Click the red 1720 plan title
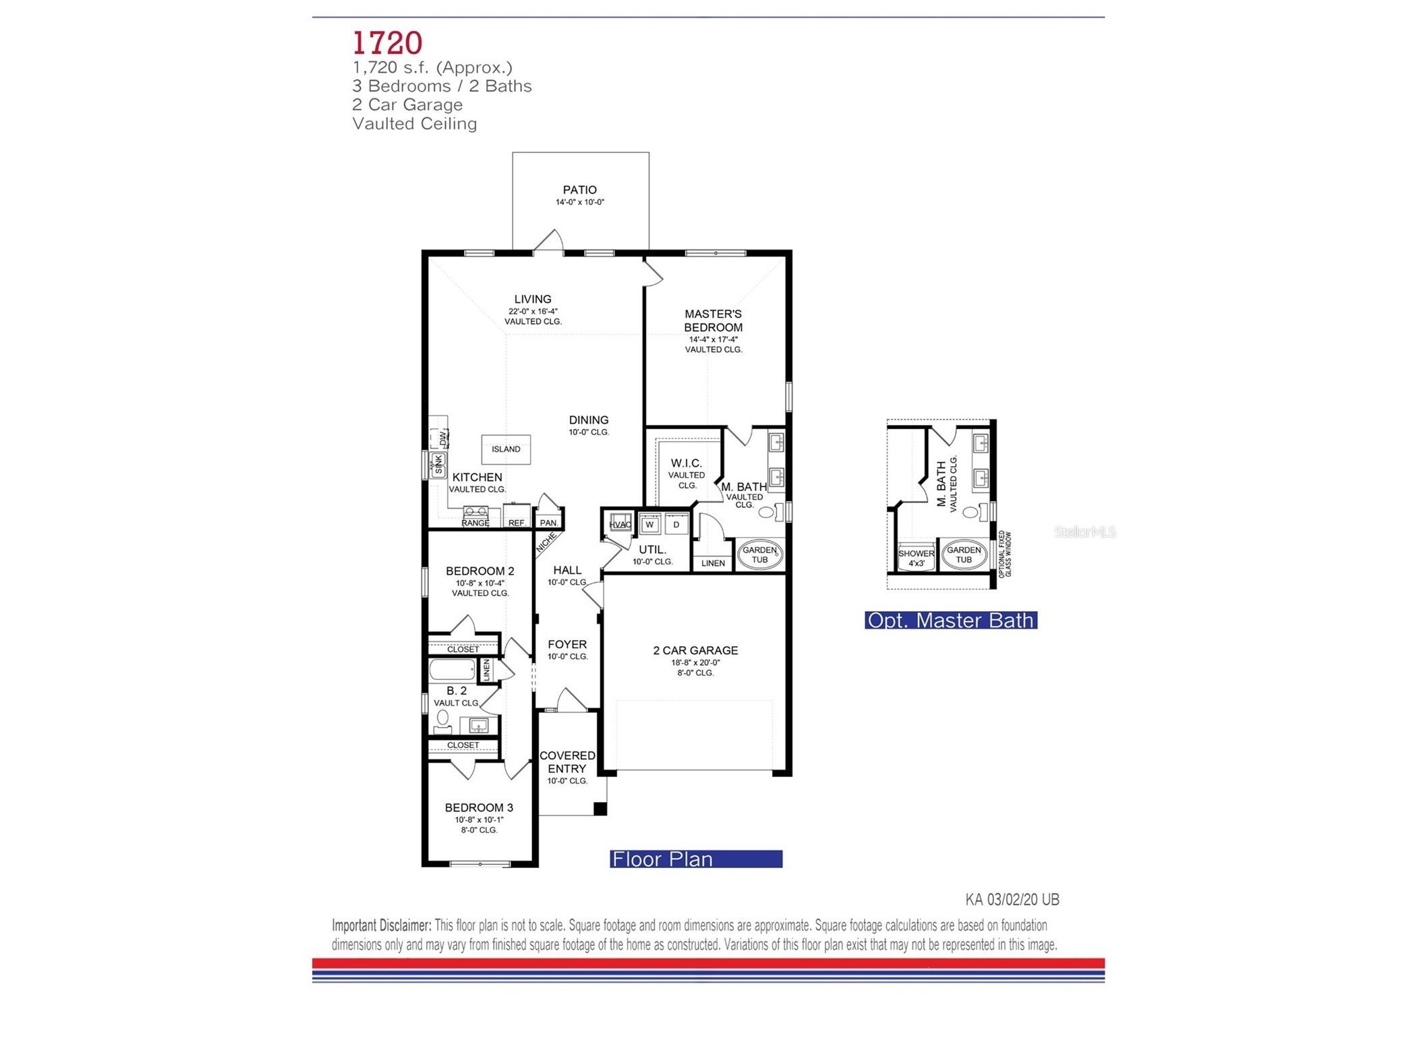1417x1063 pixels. pyautogui.click(x=387, y=42)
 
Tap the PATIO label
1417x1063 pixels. pyautogui.click(x=579, y=190)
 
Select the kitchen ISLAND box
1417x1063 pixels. pyautogui.click(x=505, y=449)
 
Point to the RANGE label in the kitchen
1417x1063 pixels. pyautogui.click(x=475, y=523)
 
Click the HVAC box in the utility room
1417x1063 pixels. pyautogui.click(x=619, y=525)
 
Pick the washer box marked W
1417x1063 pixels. pyautogui.click(x=649, y=525)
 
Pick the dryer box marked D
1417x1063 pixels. pyautogui.click(x=676, y=525)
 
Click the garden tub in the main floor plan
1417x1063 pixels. pyautogui.click(x=759, y=555)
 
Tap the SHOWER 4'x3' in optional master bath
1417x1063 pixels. pyautogui.click(x=916, y=558)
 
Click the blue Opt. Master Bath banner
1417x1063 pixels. pyautogui.click(x=950, y=621)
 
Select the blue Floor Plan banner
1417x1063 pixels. pyautogui.click(x=695, y=859)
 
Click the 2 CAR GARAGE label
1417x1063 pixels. pyautogui.click(x=695, y=651)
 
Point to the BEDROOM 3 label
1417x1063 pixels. pyautogui.click(x=479, y=808)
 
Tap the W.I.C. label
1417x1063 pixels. pyautogui.click(x=686, y=463)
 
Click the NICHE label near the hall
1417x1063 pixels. pyautogui.click(x=546, y=543)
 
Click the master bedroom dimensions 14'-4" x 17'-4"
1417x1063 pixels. pyautogui.click(x=713, y=340)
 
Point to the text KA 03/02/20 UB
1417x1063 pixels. pyautogui.click(x=1012, y=900)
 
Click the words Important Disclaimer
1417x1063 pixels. pyautogui.click(x=381, y=925)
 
